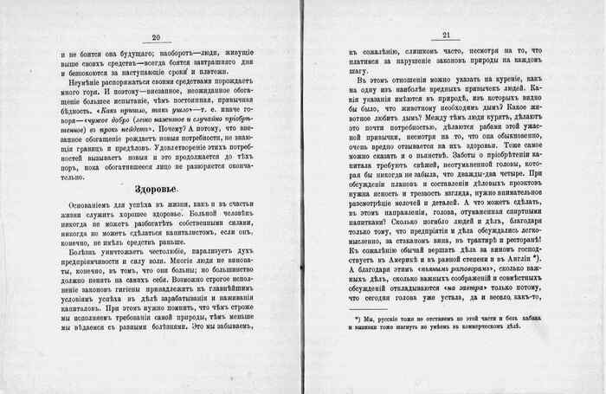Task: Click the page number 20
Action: click(157, 37)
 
